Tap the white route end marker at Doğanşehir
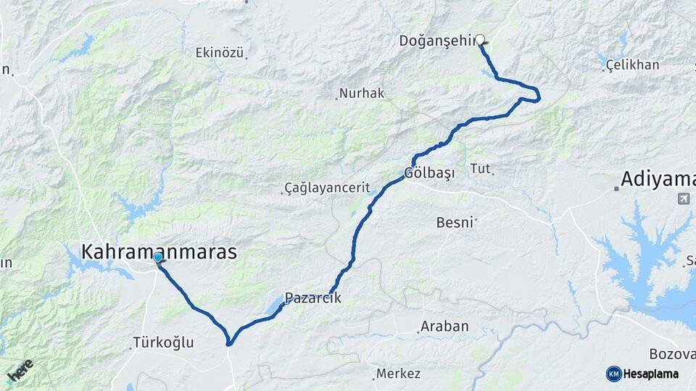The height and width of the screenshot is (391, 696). tap(479, 40)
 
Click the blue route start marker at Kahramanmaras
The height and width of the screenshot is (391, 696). tap(157, 257)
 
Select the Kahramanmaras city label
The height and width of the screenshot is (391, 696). tap(159, 251)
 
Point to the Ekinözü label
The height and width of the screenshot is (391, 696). tap(220, 52)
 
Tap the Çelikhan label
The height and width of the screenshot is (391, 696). tap(634, 65)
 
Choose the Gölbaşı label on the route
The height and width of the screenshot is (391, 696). tap(429, 174)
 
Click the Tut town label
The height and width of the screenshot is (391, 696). tap(480, 169)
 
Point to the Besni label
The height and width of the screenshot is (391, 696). tap(455, 222)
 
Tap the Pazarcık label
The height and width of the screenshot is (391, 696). tap(312, 298)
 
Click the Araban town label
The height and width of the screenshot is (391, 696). tap(445, 327)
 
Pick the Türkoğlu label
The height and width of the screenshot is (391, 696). tap(164, 342)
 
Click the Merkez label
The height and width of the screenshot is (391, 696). tap(398, 374)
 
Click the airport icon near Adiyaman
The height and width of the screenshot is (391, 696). tap(682, 198)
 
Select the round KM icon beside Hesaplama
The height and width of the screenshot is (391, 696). tap(613, 374)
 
